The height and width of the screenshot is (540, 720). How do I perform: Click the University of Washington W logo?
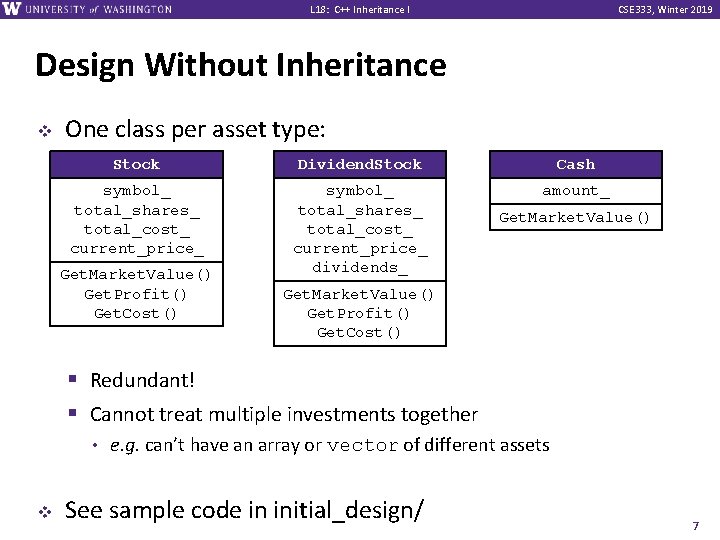[x=12, y=9]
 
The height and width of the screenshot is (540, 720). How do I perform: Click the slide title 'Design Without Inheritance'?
[x=240, y=66]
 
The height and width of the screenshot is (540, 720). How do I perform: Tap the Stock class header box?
[x=136, y=164]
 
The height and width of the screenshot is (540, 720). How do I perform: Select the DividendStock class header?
[x=360, y=164]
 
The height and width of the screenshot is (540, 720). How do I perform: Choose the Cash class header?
[x=575, y=164]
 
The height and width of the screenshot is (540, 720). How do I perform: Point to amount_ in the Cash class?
[x=575, y=190]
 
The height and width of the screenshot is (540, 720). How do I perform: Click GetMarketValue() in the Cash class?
[x=575, y=217]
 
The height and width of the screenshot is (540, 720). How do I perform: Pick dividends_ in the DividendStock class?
[x=360, y=267]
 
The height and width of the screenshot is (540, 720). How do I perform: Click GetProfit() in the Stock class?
[x=136, y=294]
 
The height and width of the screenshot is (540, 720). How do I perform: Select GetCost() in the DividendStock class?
[x=360, y=332]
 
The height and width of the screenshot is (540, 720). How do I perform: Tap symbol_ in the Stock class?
[x=136, y=190]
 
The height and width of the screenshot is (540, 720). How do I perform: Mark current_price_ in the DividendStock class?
[x=360, y=248]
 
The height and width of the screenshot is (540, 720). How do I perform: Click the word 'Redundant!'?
[x=142, y=380]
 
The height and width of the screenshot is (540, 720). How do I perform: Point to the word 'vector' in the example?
[x=363, y=445]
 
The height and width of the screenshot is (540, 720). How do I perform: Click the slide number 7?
[x=695, y=525]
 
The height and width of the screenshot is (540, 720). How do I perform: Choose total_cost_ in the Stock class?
[x=136, y=229]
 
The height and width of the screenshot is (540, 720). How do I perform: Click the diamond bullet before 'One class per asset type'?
[x=43, y=130]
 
